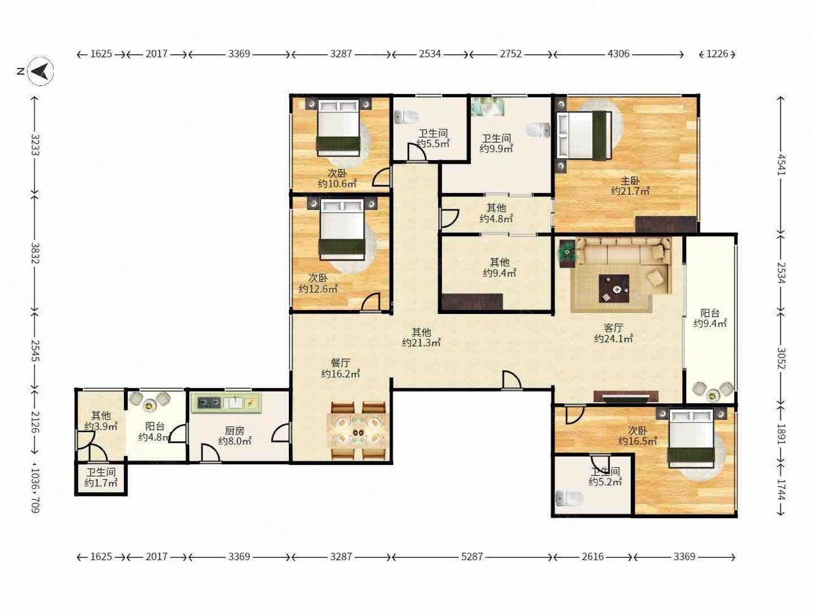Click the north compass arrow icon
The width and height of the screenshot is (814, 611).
pos(41,71)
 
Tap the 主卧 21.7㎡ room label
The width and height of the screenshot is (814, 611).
pos(630,186)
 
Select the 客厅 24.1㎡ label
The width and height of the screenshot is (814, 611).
pos(613,333)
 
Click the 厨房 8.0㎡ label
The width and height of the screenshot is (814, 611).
pos(234,436)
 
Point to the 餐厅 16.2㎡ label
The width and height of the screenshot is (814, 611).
pos(340,368)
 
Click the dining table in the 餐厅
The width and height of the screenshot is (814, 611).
pos(358,431)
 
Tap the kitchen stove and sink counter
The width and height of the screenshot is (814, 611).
pos(226,403)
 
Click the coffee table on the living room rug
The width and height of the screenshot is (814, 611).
pos(614,289)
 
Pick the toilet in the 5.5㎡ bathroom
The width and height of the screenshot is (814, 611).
pos(407,117)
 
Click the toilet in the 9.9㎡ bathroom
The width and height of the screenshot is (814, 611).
pos(538,131)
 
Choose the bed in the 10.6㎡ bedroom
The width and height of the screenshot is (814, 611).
pos(338,128)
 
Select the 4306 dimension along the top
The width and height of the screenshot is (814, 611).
pos(618,54)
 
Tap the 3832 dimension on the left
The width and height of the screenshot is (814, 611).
pos(35,254)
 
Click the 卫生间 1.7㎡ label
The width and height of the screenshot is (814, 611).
pos(101,477)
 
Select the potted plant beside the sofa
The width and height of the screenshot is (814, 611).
pos(567,253)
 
